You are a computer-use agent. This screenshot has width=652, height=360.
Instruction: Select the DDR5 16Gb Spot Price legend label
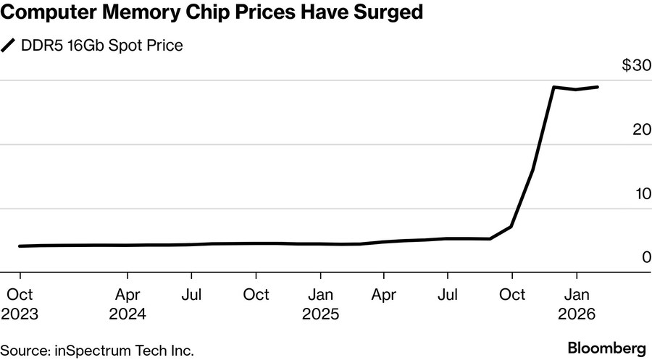[x=102, y=46]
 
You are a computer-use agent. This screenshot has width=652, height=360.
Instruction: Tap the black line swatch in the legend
[x=9, y=46]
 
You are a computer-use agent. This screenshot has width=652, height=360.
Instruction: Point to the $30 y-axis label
[x=637, y=65]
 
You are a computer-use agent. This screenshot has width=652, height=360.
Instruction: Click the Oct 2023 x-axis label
[x=20, y=304]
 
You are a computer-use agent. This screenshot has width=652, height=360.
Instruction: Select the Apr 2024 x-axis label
[x=128, y=304]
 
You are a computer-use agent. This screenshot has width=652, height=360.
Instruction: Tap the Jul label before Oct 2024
[x=191, y=295]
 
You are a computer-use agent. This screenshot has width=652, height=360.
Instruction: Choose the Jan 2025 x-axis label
[x=320, y=304]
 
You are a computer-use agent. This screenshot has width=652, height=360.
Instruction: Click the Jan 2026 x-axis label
[x=577, y=304]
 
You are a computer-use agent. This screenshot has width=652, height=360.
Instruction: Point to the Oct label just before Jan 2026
[x=512, y=295]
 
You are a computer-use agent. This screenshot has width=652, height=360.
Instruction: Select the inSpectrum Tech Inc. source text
[x=124, y=351]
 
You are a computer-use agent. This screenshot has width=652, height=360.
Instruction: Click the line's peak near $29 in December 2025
[x=554, y=87]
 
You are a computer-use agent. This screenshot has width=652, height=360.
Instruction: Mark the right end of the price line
[x=598, y=87]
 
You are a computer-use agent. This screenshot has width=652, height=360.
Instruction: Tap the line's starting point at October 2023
[x=20, y=246]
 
